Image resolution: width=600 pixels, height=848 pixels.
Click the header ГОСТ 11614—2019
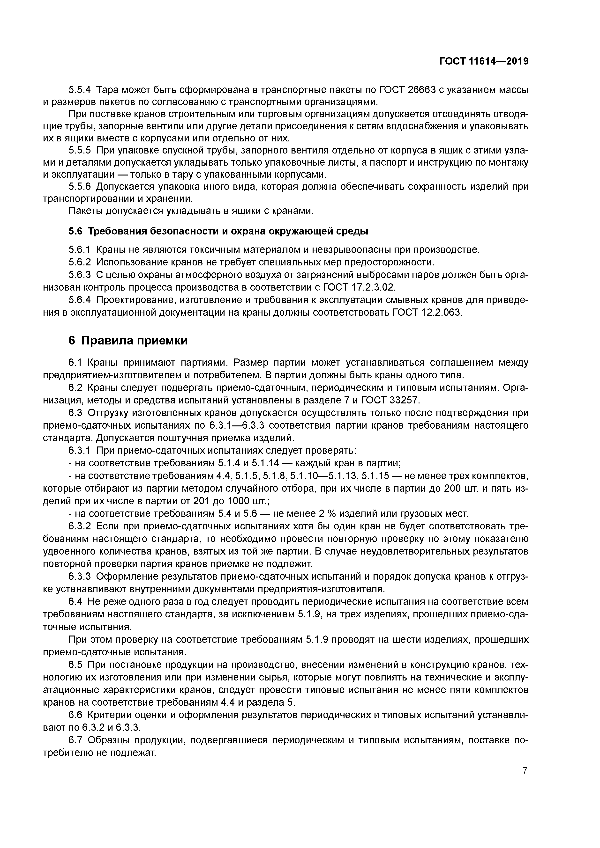(x=484, y=61)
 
